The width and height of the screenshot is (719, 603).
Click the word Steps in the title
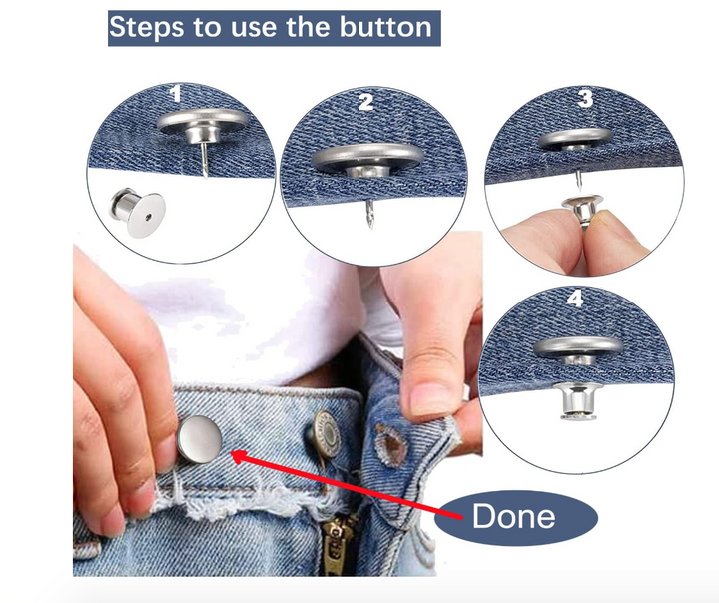[x=146, y=26]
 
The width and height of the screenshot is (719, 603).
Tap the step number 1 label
[x=176, y=94]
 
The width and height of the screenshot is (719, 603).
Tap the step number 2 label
[x=365, y=101]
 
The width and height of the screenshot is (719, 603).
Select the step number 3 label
[x=585, y=98]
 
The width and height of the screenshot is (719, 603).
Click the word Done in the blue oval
[x=514, y=516]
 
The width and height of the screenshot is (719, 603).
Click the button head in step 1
[x=204, y=127]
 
